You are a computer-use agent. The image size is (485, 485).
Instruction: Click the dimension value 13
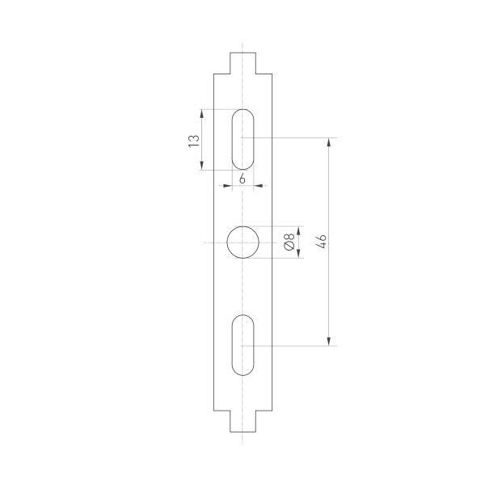point(193,140)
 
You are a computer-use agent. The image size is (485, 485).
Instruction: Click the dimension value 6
point(242,178)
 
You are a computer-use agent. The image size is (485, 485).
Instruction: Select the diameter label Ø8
point(289,242)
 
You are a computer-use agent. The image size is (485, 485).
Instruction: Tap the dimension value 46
point(321,241)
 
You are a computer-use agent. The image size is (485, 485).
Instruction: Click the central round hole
point(242,242)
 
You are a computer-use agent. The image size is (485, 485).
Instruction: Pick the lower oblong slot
point(242,345)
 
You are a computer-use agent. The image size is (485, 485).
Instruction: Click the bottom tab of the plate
point(242,421)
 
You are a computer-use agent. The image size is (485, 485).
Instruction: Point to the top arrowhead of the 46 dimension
point(329,143)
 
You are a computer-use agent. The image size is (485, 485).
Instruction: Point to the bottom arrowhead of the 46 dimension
point(329,341)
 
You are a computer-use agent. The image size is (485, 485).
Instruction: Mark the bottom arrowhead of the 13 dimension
point(201,166)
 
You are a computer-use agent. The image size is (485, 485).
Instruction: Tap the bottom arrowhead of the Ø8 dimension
point(299,255)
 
